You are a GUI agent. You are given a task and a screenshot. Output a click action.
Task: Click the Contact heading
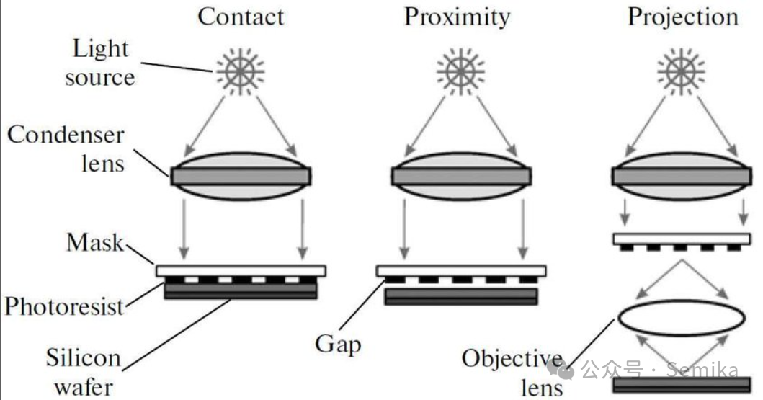[x=241, y=17]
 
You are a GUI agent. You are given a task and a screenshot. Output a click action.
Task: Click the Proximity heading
[x=457, y=17]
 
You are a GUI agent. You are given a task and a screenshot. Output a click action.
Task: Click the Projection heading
[x=683, y=17]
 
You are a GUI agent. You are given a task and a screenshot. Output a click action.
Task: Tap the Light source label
[x=100, y=63]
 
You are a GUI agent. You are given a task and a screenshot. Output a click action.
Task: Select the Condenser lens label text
[x=66, y=148]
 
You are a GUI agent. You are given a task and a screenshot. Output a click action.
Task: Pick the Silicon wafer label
[x=83, y=372]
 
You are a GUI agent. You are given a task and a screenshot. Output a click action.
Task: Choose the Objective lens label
[x=513, y=372]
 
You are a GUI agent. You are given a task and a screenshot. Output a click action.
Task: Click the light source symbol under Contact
[x=241, y=70]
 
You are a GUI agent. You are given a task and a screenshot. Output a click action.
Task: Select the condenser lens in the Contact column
[x=241, y=175]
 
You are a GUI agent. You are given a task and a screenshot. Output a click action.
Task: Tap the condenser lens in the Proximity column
[x=461, y=175]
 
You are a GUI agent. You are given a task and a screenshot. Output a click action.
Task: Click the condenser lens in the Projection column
[x=681, y=175]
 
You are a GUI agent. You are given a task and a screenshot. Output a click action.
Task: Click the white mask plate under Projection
[x=681, y=239]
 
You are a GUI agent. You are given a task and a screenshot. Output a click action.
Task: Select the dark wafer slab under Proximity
[x=461, y=296]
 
